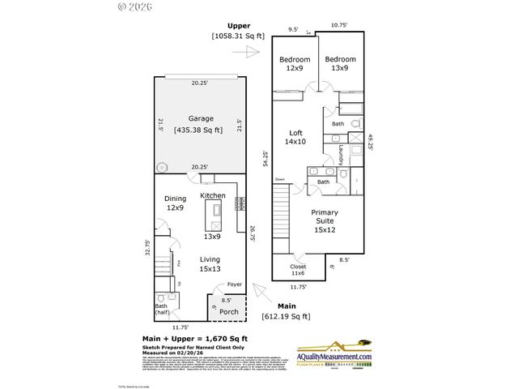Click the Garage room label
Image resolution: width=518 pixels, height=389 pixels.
201,118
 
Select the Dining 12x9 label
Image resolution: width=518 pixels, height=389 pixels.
176,203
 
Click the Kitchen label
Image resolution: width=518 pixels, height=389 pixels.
213,196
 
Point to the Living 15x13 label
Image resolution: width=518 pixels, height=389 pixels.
210,264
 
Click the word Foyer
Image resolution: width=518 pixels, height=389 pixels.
235,284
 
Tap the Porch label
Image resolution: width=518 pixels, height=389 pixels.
229,312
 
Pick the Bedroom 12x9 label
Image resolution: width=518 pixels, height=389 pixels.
295,64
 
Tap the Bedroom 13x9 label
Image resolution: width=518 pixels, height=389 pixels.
340,64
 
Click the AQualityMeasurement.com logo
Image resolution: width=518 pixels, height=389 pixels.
333,353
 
